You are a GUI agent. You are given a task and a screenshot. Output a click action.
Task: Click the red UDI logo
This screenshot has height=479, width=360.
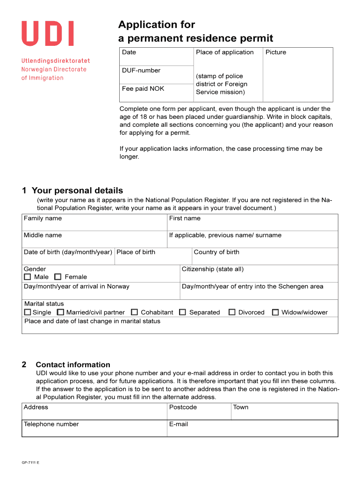click(x=47, y=34)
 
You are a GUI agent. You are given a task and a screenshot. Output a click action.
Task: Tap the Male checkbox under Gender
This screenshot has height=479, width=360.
click(x=28, y=277)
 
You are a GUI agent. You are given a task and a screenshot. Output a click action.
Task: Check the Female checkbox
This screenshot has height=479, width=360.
click(x=58, y=277)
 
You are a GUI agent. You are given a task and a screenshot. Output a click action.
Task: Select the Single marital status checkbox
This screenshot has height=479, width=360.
click(x=28, y=312)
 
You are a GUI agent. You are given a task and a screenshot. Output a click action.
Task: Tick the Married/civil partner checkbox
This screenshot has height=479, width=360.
click(x=60, y=312)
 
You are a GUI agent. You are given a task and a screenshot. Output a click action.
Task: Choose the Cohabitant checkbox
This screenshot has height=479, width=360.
click(x=135, y=312)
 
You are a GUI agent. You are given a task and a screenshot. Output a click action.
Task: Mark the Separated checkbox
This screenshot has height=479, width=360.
click(x=183, y=312)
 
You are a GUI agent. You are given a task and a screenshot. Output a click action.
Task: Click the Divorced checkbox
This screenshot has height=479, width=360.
click(x=232, y=312)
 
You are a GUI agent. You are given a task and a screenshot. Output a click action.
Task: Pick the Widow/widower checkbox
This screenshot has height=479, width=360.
click(x=275, y=312)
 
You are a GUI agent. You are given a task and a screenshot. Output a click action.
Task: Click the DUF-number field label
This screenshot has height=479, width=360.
click(x=141, y=71)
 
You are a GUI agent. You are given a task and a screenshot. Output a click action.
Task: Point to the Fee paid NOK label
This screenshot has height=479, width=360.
click(x=143, y=88)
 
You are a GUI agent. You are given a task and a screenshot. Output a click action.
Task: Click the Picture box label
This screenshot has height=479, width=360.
click(x=275, y=52)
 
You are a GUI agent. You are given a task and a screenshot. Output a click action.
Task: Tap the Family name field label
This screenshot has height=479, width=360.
click(x=43, y=218)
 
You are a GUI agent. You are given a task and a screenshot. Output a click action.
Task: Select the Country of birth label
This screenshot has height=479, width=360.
click(x=216, y=252)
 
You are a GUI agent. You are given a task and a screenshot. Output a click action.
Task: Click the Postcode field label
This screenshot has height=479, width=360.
click(x=183, y=407)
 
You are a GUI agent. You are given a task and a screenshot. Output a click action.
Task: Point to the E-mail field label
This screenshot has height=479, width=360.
click(x=179, y=424)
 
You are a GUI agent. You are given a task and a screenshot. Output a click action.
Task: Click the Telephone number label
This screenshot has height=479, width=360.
click(x=51, y=424)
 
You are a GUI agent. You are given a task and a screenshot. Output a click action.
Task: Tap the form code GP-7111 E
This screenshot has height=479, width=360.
click(x=30, y=463)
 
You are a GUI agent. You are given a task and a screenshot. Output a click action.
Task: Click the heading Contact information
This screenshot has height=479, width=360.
click(x=73, y=365)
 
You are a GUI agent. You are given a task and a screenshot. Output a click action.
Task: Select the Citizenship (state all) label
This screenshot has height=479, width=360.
click(x=212, y=269)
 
